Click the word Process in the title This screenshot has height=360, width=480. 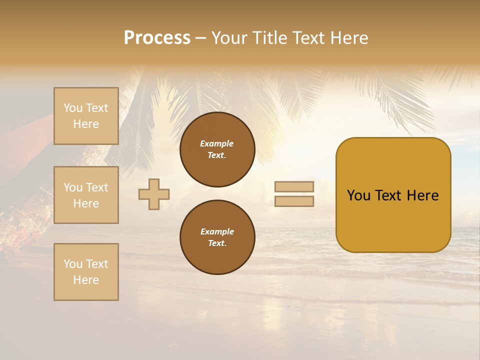tap(157, 38)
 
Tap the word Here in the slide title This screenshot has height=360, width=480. tap(349, 38)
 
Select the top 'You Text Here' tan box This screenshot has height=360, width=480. tap(86, 116)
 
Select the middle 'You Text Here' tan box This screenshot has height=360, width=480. tap(86, 195)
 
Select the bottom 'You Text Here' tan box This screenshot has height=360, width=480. tap(86, 272)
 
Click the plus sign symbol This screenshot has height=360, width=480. tap(154, 194)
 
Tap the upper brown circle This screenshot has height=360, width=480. tap(217, 149)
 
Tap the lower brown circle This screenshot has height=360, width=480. tap(217, 237)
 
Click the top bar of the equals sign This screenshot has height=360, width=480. tap(294, 186)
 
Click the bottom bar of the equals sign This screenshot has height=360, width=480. tap(294, 201)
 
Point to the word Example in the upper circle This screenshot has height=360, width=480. tap(217, 143)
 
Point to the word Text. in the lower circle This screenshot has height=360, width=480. tap(217, 243)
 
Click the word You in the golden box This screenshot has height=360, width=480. tap(359, 195)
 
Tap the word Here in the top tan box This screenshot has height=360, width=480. tap(86, 124)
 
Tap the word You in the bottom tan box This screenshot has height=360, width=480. tap(73, 264)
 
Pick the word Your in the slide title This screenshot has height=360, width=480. tap(230, 38)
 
